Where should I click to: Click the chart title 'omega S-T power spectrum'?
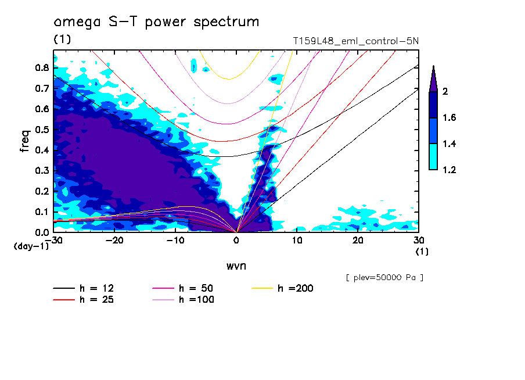pyautogui.click(x=156, y=23)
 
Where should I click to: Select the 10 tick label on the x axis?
pyautogui.click(x=297, y=241)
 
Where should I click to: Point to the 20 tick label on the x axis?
pyautogui.click(x=358, y=241)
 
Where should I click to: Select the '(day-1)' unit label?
pyautogui.click(x=31, y=246)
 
